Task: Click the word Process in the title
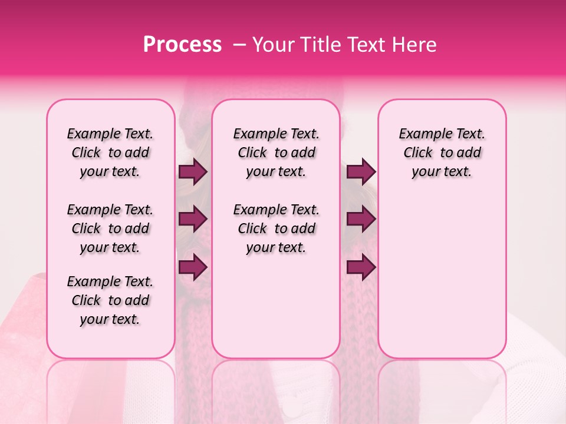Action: (x=182, y=45)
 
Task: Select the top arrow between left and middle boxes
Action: (x=193, y=172)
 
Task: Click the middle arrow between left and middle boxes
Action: (x=193, y=220)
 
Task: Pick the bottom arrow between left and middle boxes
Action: (x=193, y=267)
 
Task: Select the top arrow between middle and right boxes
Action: (x=361, y=172)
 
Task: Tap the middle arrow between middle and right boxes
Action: (x=361, y=220)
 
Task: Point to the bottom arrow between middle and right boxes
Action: (x=361, y=267)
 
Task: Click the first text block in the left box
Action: (x=110, y=153)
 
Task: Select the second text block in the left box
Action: (x=110, y=228)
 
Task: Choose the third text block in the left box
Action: (x=110, y=300)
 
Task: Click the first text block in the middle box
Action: (x=277, y=153)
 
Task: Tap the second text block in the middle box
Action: (x=277, y=228)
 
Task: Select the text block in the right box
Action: (x=442, y=153)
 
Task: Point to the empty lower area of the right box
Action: (x=442, y=277)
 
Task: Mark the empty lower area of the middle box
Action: (x=276, y=306)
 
